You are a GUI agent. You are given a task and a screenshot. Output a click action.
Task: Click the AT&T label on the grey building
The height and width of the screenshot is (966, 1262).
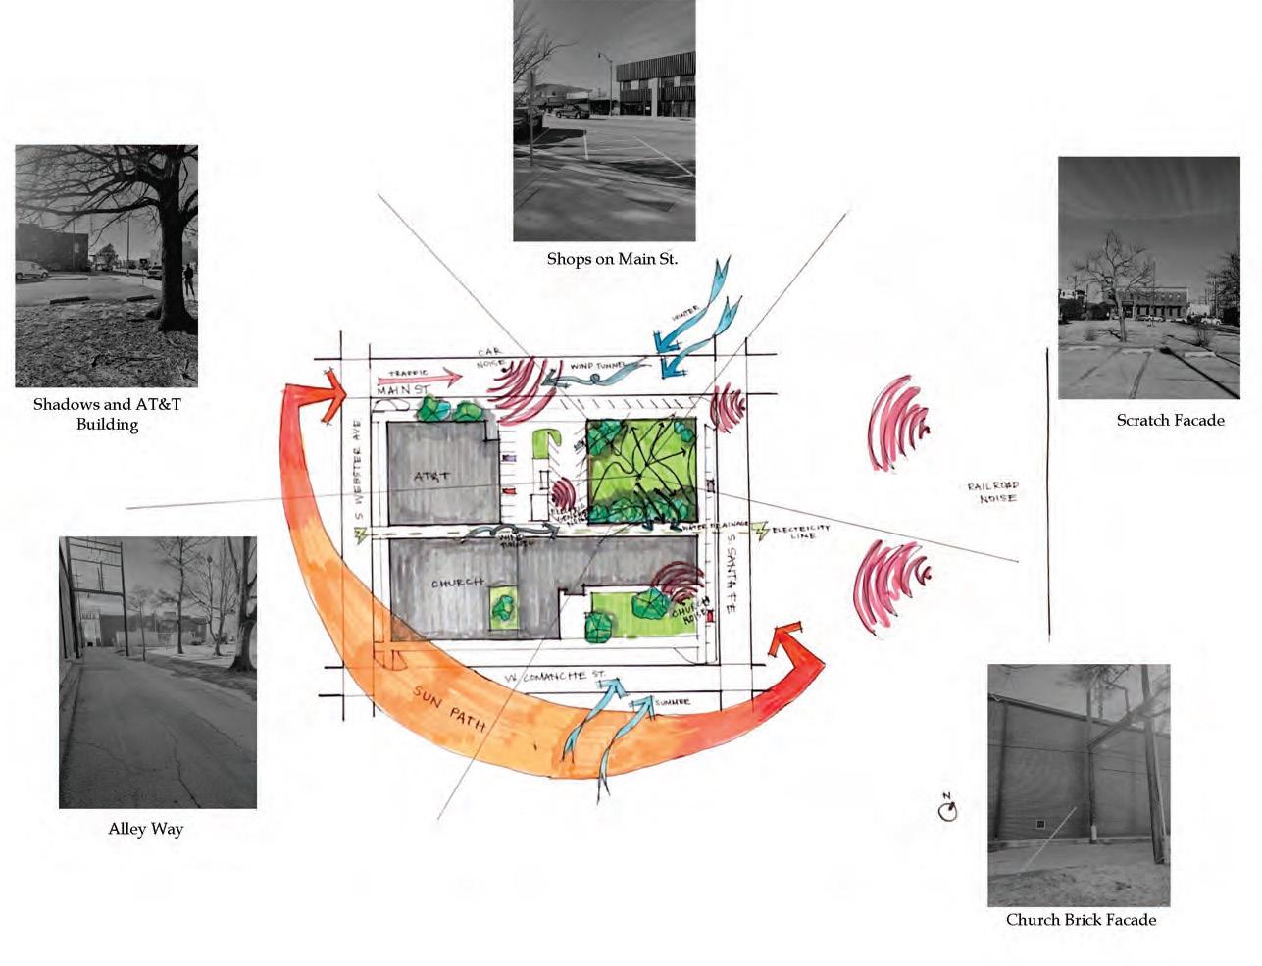tap(431, 477)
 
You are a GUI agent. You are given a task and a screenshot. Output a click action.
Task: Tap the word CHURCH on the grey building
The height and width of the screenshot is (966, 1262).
tap(458, 583)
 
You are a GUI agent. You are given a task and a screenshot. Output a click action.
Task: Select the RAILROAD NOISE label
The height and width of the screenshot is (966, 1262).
tap(992, 492)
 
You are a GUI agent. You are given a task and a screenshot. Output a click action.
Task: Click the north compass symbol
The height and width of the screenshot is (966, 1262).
tap(947, 810)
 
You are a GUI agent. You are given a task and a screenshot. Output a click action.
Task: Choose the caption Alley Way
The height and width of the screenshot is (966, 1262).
tap(146, 829)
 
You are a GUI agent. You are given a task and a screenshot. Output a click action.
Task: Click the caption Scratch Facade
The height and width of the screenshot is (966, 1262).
tap(1170, 420)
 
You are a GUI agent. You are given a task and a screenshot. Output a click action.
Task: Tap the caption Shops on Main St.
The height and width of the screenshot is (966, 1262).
tap(612, 259)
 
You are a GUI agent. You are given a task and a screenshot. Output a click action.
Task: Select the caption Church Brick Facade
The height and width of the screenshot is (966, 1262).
tap(1081, 919)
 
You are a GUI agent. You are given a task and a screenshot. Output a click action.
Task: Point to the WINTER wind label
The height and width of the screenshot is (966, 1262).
tap(685, 316)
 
